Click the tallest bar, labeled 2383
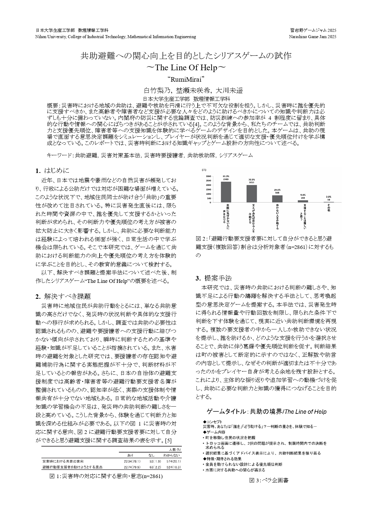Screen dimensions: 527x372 (226, 192)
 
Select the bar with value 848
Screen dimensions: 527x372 (277, 199)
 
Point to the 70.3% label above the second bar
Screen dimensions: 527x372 (251, 180)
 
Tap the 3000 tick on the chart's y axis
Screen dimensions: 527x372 (208, 176)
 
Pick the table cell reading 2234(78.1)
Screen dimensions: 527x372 (132, 461)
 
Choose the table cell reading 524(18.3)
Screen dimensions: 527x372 (173, 467)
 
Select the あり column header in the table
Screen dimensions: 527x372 (130, 455)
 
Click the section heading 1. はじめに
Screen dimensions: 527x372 (52, 171)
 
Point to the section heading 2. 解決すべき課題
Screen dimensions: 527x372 (63, 296)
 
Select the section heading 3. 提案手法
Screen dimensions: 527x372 (214, 278)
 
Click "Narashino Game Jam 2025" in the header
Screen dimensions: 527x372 (313, 37)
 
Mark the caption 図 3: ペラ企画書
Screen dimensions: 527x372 (268, 480)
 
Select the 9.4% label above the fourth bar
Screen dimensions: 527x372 (303, 195)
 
